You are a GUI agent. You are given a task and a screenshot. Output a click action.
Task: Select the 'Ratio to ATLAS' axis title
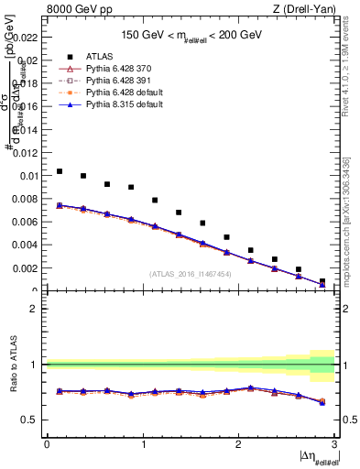[12, 364]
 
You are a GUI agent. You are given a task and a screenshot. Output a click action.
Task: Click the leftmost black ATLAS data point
[60, 171]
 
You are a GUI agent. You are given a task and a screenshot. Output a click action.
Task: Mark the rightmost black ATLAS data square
[322, 281]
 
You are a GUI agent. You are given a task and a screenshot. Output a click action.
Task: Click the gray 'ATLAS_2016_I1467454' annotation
[191, 274]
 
